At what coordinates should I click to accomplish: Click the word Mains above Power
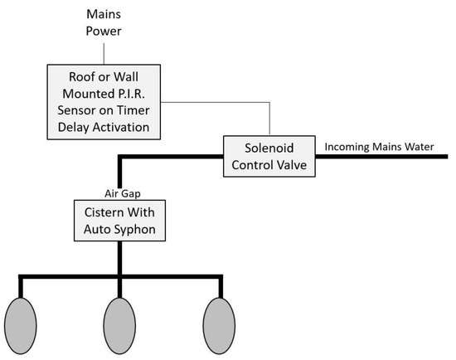[104, 14]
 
